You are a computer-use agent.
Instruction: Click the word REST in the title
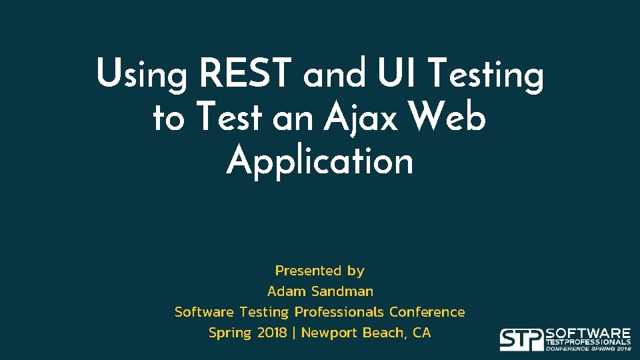coord(246,73)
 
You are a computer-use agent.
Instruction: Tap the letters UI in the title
coord(396,73)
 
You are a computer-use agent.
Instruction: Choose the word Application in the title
coord(319,162)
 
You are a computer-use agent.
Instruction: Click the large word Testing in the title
coord(485,75)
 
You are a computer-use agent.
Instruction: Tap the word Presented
coord(308,271)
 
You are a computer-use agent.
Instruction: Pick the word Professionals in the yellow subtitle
coord(339,312)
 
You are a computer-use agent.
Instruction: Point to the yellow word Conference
coord(427,312)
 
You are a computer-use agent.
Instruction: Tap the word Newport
coord(329,333)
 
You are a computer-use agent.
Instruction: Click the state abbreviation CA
coord(422,333)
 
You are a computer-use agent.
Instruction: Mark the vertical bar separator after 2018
coord(294,333)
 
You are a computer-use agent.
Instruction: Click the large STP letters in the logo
coord(521,339)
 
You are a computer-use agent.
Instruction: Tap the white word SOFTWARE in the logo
coord(588,333)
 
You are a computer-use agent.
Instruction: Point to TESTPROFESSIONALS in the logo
coord(588,342)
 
